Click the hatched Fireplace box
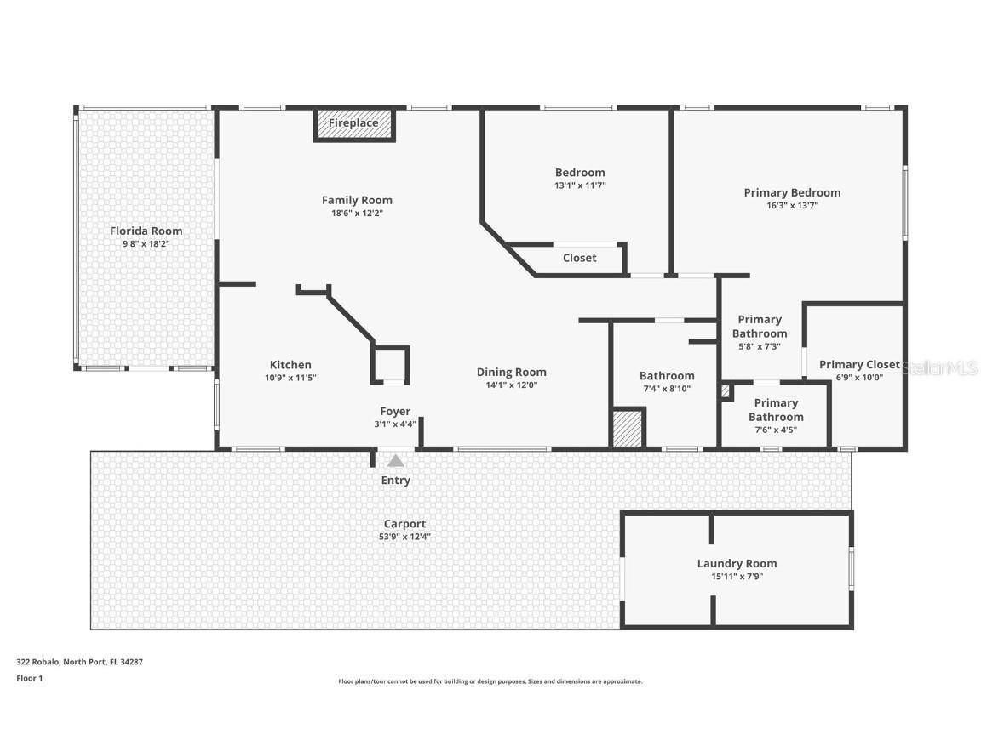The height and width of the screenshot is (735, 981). (x=354, y=123)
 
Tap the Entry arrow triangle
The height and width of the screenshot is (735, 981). (x=396, y=461)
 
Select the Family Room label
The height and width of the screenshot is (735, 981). (x=357, y=200)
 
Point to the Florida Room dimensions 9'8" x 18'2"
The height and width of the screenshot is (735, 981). (x=146, y=243)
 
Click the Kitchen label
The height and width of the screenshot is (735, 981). (x=290, y=365)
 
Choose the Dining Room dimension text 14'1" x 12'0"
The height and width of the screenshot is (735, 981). (x=511, y=385)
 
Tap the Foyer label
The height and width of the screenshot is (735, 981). (x=395, y=411)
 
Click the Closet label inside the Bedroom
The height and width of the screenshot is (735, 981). (x=579, y=258)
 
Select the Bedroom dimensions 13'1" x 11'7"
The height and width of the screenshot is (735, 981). (x=580, y=185)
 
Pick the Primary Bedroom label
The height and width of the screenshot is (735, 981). (x=792, y=192)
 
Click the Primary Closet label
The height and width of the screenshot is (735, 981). (x=858, y=365)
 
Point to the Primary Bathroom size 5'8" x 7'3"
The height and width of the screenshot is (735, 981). (x=760, y=346)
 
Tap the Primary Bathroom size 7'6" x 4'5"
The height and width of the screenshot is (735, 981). (x=776, y=430)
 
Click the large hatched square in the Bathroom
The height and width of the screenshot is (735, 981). (x=628, y=428)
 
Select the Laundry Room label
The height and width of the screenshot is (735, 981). (x=737, y=563)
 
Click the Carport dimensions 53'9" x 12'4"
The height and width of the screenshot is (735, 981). (x=404, y=537)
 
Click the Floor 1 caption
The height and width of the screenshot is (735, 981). (x=29, y=678)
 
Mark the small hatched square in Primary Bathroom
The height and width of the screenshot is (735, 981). (x=726, y=391)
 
